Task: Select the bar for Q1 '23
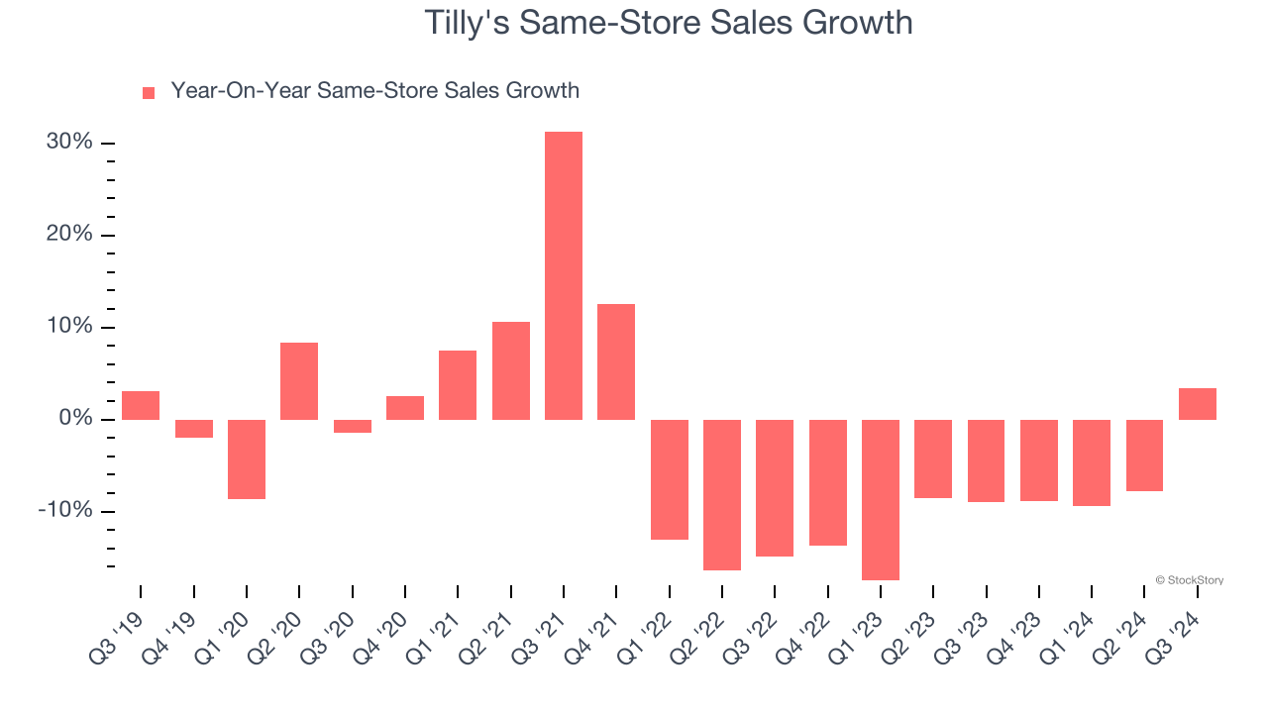pos(881,499)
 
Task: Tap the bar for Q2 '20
pos(299,381)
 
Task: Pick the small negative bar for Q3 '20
pos(352,427)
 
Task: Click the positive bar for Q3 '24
pos(1197,404)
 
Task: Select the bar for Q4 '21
pos(616,361)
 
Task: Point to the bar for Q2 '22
pos(722,494)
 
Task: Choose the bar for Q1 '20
pos(247,458)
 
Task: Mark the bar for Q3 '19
pos(141,405)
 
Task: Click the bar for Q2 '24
pos(1144,456)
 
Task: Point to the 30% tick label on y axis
pos(69,143)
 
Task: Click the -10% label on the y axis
pos(65,511)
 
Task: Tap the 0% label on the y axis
pos(75,419)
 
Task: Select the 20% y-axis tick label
pos(69,235)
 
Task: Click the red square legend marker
pos(149,92)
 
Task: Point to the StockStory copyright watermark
pos(1189,580)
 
